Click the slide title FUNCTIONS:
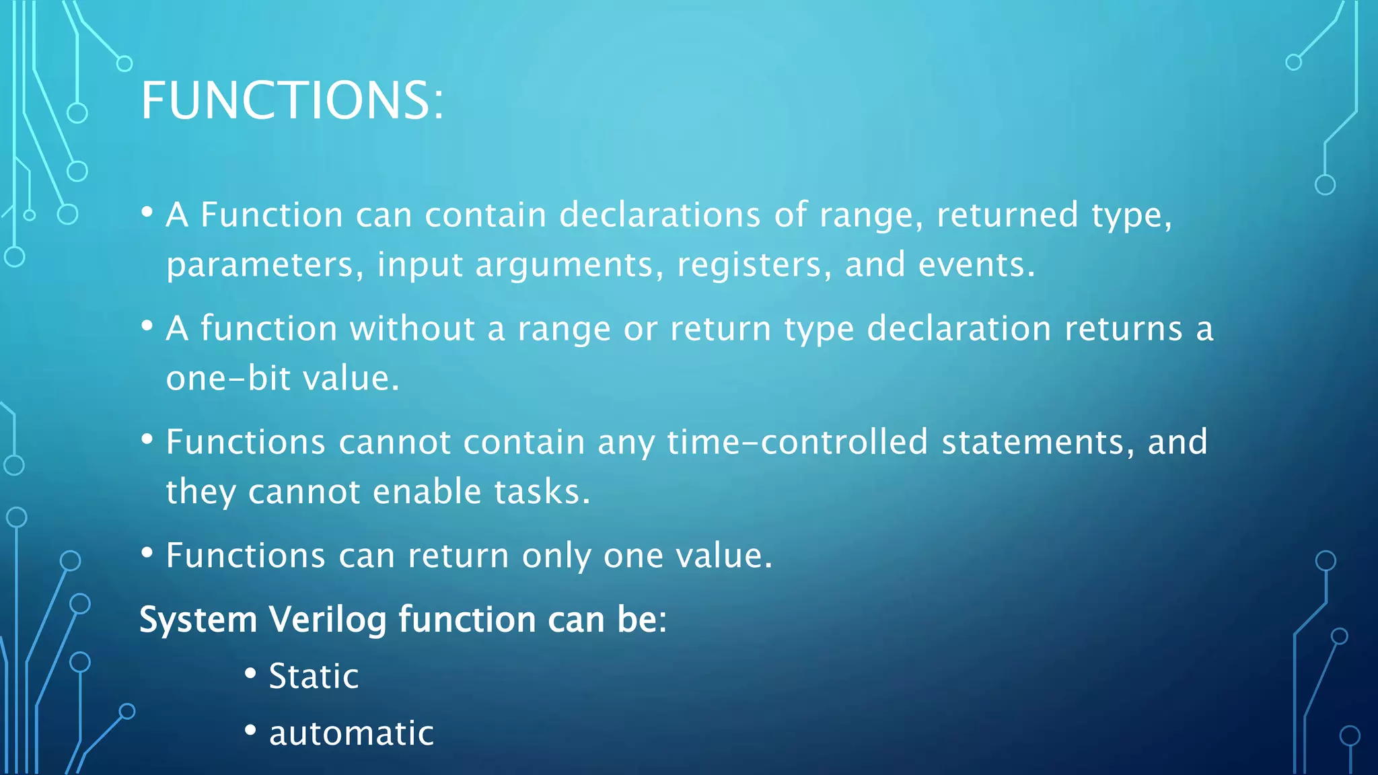pyautogui.click(x=292, y=101)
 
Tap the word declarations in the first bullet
pyautogui.click(x=660, y=215)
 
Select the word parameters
pyautogui.click(x=260, y=265)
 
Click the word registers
pyautogui.click(x=750, y=265)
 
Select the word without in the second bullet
pyautogui.click(x=412, y=329)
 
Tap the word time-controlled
pyautogui.click(x=797, y=443)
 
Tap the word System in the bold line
pyautogui.click(x=198, y=620)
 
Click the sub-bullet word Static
pyautogui.click(x=314, y=676)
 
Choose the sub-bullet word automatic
pyautogui.click(x=351, y=733)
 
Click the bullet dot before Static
pyautogui.click(x=250, y=673)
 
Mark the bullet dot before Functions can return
pyautogui.click(x=147, y=554)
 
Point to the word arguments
pyautogui.click(x=565, y=265)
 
